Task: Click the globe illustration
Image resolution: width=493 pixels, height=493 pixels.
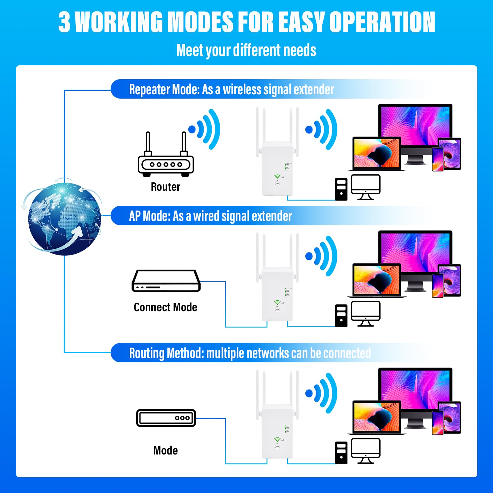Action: [64, 218]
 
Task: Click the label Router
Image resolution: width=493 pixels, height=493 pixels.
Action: [165, 187]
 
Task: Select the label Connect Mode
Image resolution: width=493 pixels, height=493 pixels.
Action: [165, 307]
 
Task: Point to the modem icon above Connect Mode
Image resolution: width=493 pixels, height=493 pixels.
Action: [166, 281]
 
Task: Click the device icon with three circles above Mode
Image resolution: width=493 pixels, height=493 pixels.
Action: [166, 418]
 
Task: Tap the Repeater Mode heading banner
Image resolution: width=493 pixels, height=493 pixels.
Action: [231, 89]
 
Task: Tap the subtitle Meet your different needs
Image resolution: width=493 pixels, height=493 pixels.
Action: [246, 50]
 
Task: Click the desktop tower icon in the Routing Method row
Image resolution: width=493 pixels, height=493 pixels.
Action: [341, 453]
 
